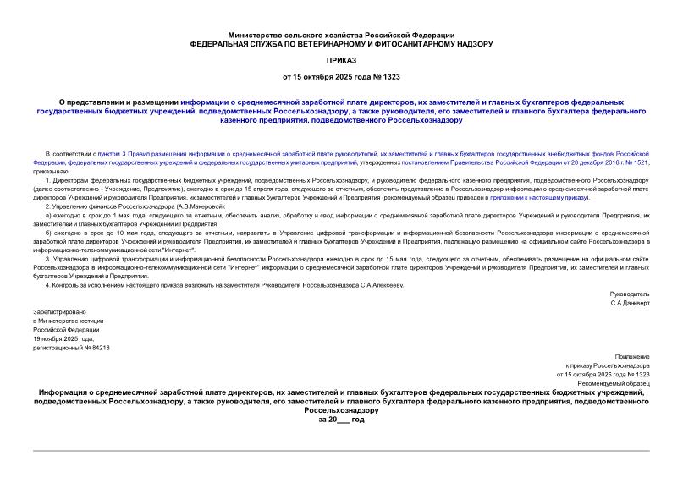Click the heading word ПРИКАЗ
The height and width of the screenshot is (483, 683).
tap(341, 60)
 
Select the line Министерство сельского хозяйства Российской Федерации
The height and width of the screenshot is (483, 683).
tap(341, 33)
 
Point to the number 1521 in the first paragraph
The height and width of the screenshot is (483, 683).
tap(641, 162)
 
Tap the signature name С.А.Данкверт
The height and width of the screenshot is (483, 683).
tap(631, 302)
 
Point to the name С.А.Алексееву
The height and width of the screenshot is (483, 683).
tap(380, 285)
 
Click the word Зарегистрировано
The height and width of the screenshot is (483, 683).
tap(57, 312)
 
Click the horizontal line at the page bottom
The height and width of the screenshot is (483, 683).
tap(341, 451)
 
